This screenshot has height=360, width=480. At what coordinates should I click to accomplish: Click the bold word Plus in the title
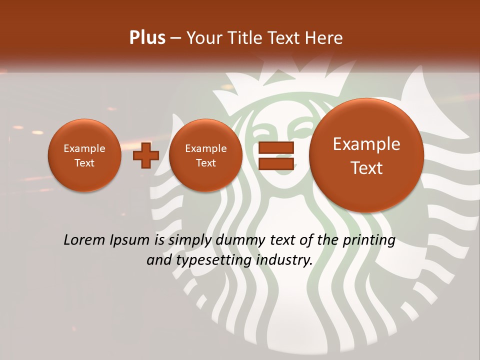[x=147, y=38]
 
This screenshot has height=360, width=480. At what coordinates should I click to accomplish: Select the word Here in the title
[x=325, y=38]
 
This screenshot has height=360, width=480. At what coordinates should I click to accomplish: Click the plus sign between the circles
[x=146, y=155]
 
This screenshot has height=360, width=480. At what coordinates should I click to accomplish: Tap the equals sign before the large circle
[x=275, y=156]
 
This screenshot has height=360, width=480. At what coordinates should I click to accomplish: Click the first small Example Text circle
[x=84, y=155]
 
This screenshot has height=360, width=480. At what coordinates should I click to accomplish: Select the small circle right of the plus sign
[x=205, y=155]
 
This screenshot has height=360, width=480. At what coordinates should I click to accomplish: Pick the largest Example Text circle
[x=366, y=155]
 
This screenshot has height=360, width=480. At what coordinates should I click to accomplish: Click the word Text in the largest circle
[x=366, y=168]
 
